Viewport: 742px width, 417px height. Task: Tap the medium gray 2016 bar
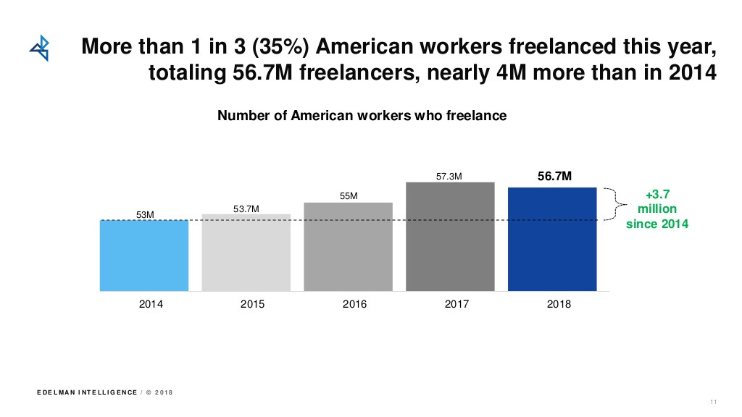click(x=348, y=246)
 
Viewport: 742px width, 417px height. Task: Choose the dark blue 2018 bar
click(x=552, y=239)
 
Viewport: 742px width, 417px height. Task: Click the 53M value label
click(x=146, y=214)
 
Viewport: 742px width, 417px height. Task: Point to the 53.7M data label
click(x=246, y=209)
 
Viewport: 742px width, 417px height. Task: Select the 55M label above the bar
click(x=349, y=196)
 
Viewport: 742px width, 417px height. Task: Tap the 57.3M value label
click(x=449, y=176)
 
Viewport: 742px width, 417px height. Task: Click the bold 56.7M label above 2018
click(x=555, y=176)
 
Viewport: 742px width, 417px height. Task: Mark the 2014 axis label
click(x=151, y=304)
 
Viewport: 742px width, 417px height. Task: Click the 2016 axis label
click(x=354, y=304)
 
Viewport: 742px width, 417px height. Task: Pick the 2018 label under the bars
click(x=559, y=304)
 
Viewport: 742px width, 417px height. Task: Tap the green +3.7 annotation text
click(x=656, y=194)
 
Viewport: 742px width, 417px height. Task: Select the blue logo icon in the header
click(x=39, y=48)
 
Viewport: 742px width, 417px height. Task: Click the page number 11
click(x=713, y=403)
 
